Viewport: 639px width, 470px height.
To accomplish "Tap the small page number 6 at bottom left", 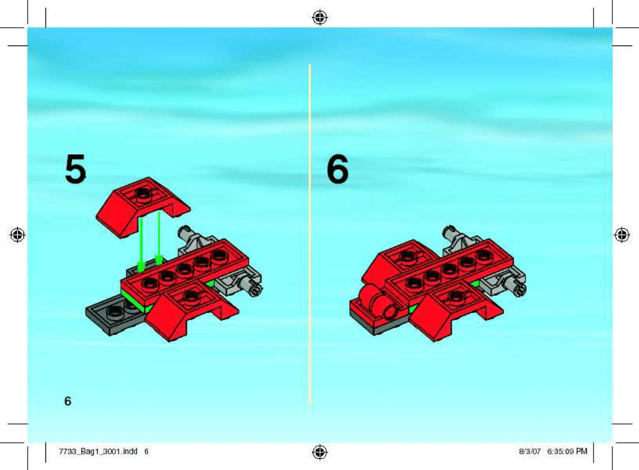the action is click(68, 401).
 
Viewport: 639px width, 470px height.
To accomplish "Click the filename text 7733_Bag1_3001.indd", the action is click(98, 451).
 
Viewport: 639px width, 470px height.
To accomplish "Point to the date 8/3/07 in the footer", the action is click(530, 451).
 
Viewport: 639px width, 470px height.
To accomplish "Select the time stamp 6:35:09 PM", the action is click(567, 451).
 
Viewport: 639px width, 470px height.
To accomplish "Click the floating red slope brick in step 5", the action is click(143, 207).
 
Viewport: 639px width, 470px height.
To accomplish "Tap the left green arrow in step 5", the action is click(141, 245).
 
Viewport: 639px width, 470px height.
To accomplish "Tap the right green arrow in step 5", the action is click(159, 238).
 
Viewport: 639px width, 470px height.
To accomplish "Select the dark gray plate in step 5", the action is click(114, 314).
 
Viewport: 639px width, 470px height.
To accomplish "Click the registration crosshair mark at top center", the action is click(320, 18).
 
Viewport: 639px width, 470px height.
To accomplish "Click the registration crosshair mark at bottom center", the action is click(320, 452).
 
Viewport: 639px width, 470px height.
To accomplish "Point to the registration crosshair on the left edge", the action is click(17, 235).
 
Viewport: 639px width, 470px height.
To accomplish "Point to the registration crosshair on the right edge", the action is click(622, 235).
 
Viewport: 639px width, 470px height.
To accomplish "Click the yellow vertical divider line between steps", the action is click(310, 234).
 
